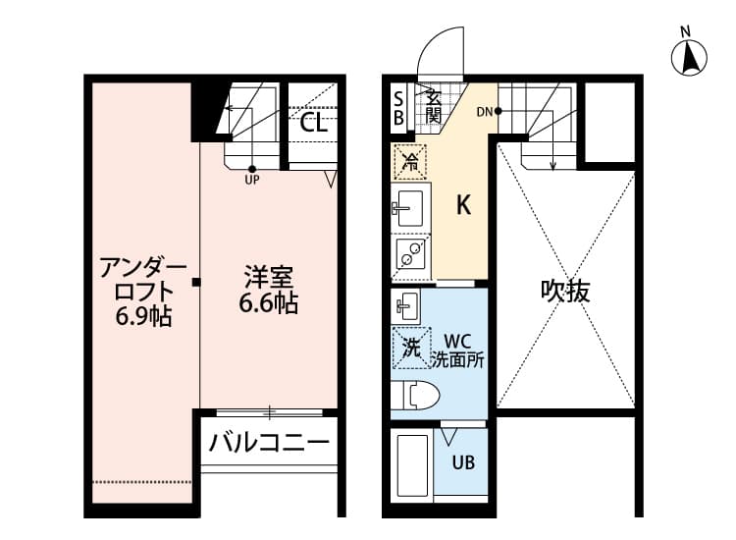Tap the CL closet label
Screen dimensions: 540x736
pos(312,123)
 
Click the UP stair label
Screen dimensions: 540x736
pos(252,180)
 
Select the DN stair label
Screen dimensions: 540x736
pos(485,111)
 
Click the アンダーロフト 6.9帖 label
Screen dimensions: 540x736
pos(143,291)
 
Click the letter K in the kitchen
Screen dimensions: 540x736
pos(464,205)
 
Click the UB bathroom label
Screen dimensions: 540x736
pos(463,460)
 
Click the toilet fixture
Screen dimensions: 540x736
pos(415,395)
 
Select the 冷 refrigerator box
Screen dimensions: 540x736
pos(410,162)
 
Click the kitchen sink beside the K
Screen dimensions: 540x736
pos(407,208)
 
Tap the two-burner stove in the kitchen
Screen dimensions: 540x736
pos(409,255)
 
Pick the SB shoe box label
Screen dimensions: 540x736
pos(398,109)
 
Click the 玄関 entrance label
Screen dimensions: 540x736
pos(433,105)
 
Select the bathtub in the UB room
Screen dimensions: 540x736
pos(411,465)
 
